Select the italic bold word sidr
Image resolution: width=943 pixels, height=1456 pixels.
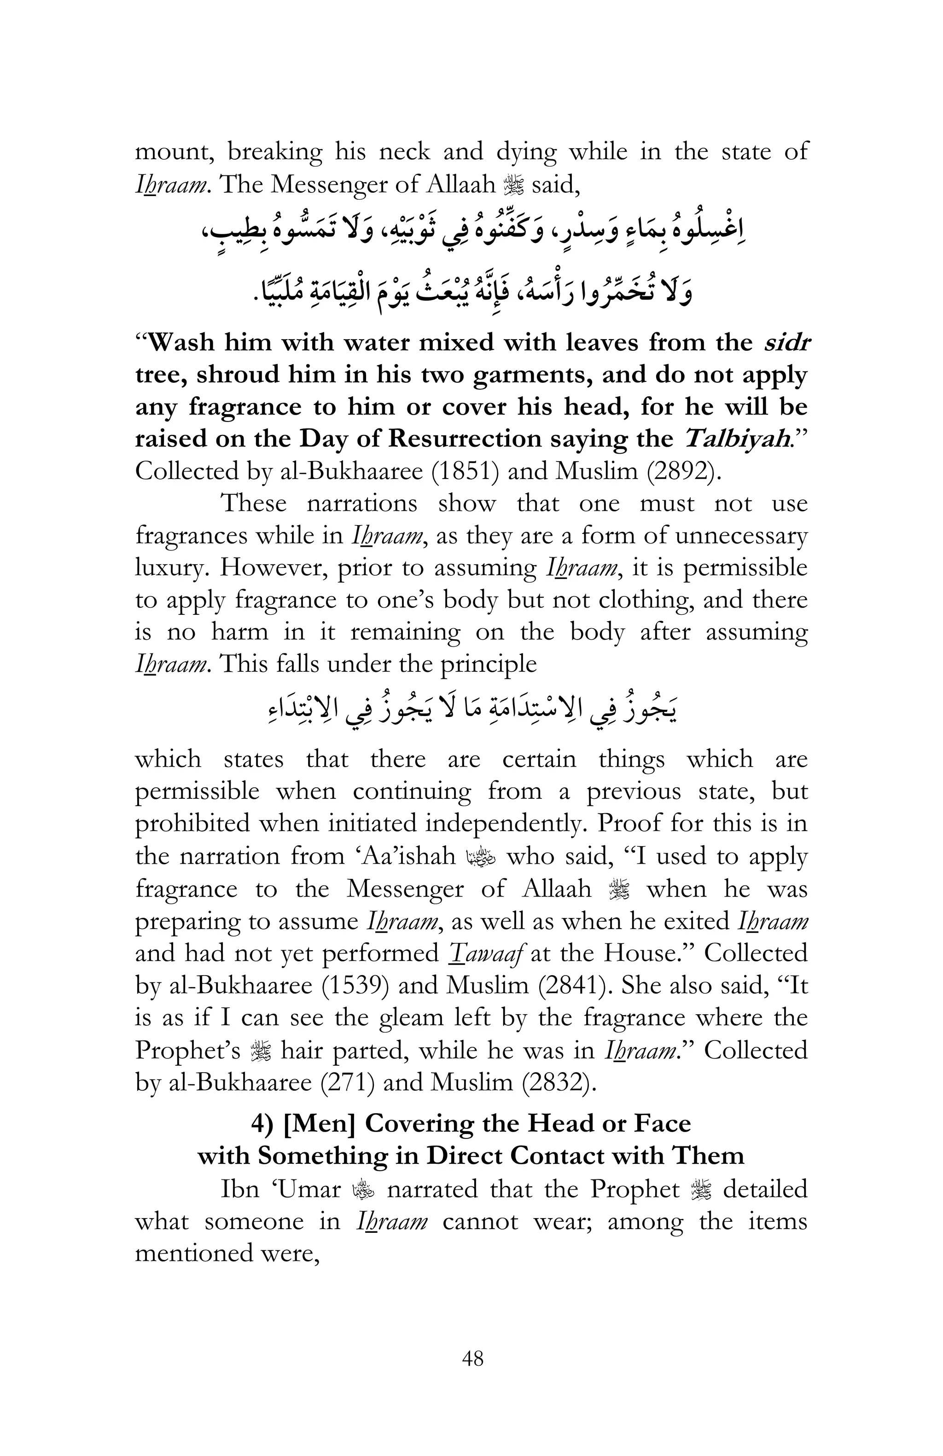coord(786,342)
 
